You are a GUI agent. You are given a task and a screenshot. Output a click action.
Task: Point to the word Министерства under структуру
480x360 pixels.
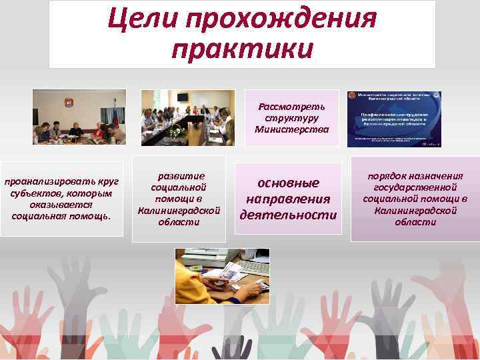pos(292,129)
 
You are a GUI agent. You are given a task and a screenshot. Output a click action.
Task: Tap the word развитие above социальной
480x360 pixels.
pos(178,176)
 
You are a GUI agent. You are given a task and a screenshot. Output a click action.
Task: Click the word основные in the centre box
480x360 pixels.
pos(288,183)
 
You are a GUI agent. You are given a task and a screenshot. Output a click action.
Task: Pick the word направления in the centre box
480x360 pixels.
pos(288,199)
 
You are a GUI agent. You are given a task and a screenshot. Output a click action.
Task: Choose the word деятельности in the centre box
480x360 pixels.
pos(288,215)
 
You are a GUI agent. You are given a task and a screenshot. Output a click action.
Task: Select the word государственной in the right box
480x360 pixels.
pos(415,187)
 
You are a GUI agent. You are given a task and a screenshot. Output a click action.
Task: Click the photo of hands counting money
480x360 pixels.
pos(221,276)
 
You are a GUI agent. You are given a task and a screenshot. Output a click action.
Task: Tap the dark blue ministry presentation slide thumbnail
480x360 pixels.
pos(394,119)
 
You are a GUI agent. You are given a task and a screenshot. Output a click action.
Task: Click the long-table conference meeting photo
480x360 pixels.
pos(188,117)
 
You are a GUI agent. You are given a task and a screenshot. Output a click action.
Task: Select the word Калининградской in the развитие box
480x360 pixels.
pos(178,210)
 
